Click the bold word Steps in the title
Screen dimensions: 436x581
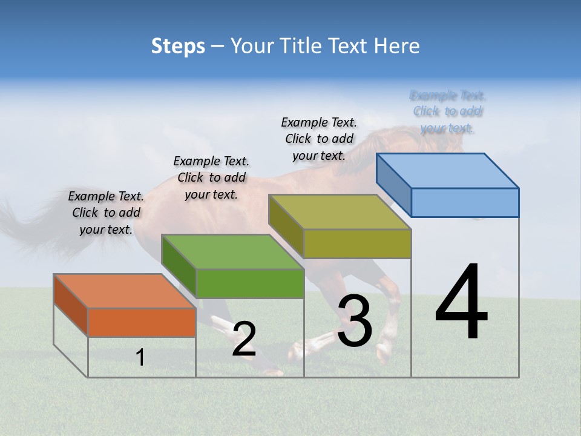178,46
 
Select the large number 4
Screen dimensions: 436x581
461,303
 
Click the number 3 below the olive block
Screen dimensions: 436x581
355,322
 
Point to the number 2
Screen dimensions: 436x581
244,339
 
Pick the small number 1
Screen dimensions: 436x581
140,358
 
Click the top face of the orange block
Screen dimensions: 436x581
124,291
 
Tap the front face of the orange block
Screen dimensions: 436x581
142,322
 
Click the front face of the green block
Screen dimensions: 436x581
249,283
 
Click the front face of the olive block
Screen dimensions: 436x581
357,243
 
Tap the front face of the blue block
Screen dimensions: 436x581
465,202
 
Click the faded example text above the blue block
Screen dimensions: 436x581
447,111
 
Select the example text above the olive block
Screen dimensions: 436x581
319,139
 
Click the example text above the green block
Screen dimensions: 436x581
211,177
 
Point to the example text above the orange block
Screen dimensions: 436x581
106,213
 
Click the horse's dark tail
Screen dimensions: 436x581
24,227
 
